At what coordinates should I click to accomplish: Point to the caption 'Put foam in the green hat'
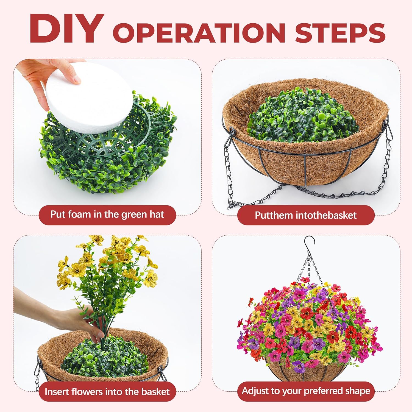point(107,215)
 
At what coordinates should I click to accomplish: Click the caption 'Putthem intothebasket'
point(305,215)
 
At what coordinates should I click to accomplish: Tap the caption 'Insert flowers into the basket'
point(107,391)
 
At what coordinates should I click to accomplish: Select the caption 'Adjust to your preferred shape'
point(306,391)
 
